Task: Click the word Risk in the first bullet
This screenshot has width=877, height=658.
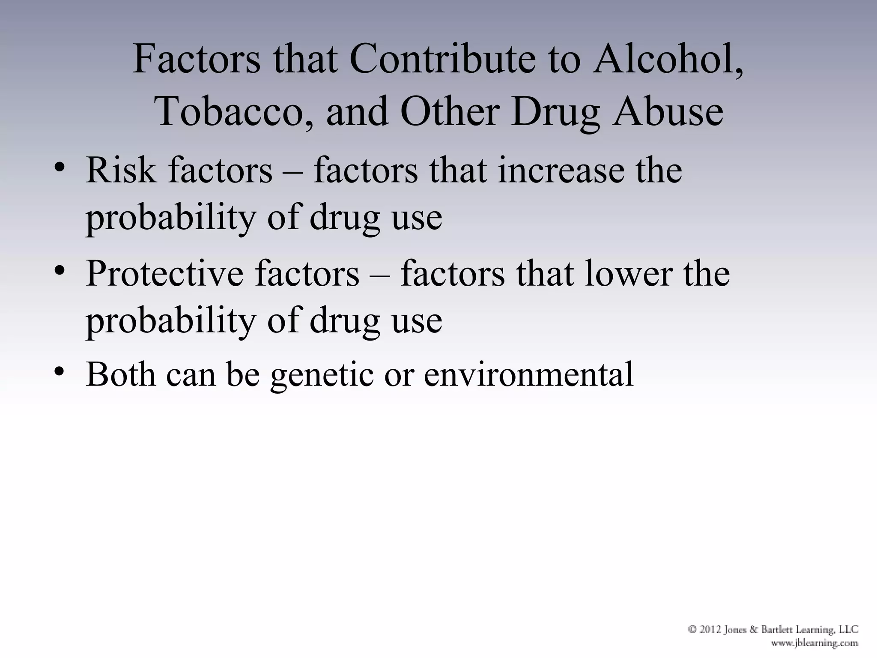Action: pyautogui.click(x=121, y=170)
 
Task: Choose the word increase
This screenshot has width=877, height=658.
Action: pyautogui.click(x=561, y=170)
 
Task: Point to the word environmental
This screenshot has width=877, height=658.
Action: pyautogui.click(x=528, y=374)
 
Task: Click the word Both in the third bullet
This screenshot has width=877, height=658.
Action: pyautogui.click(x=121, y=374)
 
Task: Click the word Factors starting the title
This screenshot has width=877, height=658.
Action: pyautogui.click(x=196, y=60)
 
